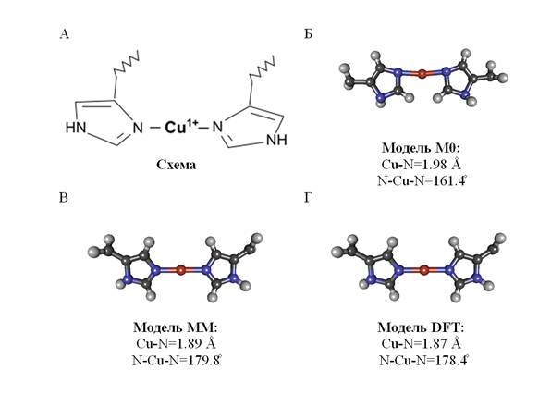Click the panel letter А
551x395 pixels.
65,34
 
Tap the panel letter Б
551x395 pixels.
308,34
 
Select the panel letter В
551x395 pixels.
64,198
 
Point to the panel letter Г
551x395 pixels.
308,198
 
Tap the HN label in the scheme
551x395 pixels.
76,128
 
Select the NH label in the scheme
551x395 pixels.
277,140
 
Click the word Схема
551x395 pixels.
176,165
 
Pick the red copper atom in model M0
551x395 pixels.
422,73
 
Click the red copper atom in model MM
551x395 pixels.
180,270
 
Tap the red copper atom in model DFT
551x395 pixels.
424,270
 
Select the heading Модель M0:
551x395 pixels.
421,148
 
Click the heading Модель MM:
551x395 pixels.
176,327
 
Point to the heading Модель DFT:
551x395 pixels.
421,327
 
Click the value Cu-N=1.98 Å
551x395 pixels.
421,165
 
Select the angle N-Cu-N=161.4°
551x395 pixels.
422,180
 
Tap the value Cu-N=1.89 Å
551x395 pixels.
176,343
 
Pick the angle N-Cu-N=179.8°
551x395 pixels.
178,360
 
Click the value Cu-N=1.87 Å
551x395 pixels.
421,343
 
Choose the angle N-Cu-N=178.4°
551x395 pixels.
424,360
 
